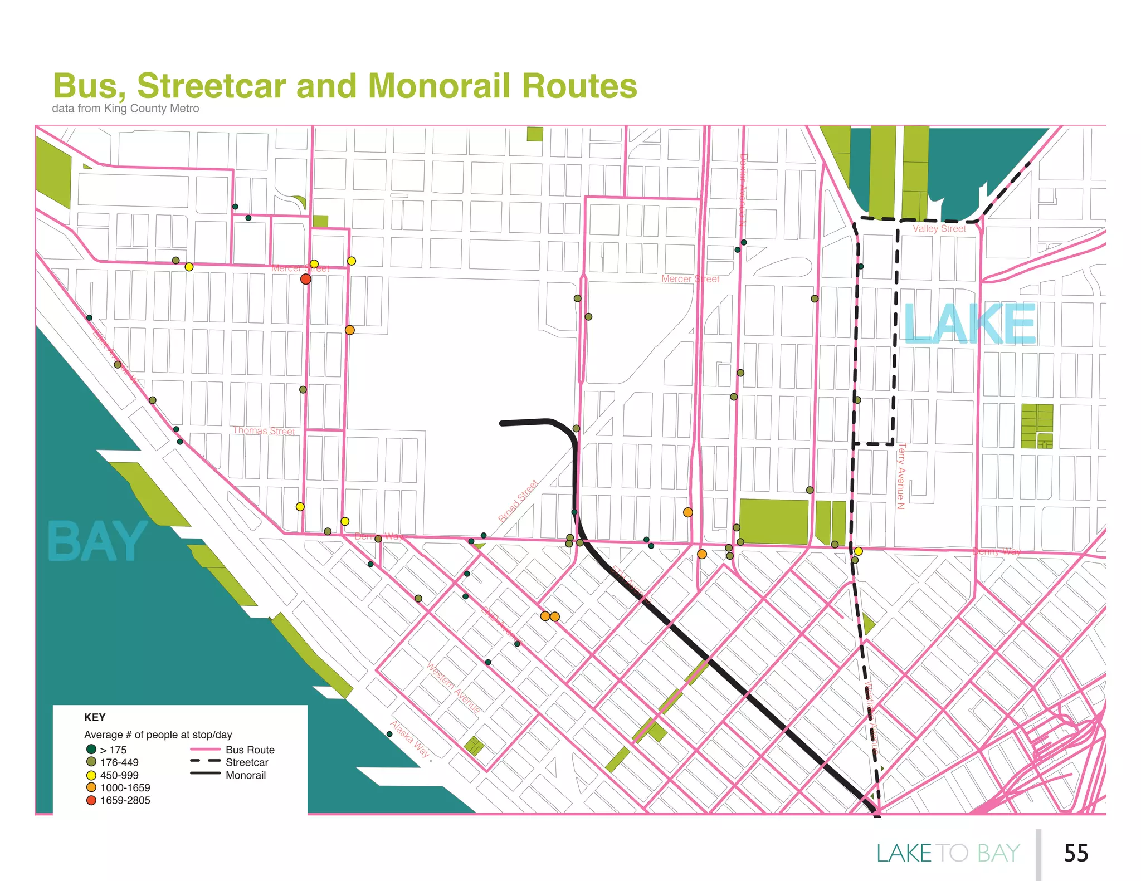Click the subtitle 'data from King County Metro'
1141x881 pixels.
click(125, 109)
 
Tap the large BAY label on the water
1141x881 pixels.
click(97, 542)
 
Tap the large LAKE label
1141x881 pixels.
click(969, 324)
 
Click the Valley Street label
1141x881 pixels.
click(939, 229)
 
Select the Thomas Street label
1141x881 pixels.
click(264, 430)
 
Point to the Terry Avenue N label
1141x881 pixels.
click(901, 476)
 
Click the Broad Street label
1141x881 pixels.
click(518, 501)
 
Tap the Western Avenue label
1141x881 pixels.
click(453, 687)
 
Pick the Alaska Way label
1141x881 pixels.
click(409, 739)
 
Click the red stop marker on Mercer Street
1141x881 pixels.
click(305, 279)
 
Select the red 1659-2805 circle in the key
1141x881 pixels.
click(91, 800)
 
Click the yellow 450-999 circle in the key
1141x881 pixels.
click(91, 775)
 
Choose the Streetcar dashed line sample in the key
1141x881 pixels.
click(205, 762)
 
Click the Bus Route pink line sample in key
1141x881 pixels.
click(205, 750)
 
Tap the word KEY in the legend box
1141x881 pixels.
click(95, 717)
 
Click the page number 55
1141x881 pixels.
click(1075, 853)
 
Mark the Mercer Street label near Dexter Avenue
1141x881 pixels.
click(690, 279)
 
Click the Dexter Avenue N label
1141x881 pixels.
click(743, 189)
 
